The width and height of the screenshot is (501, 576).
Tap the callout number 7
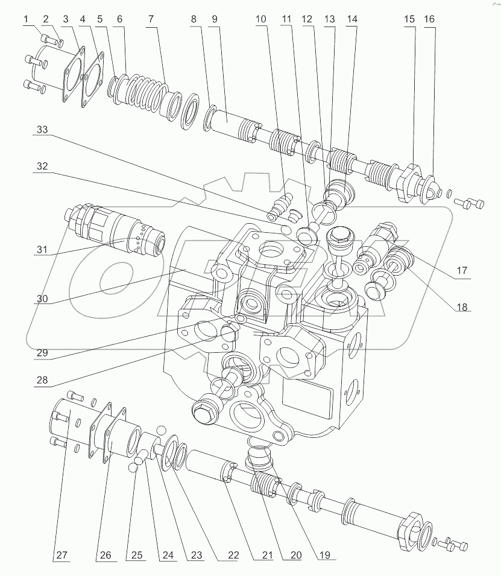pos(150,20)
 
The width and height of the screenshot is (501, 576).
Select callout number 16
pos(429,20)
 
